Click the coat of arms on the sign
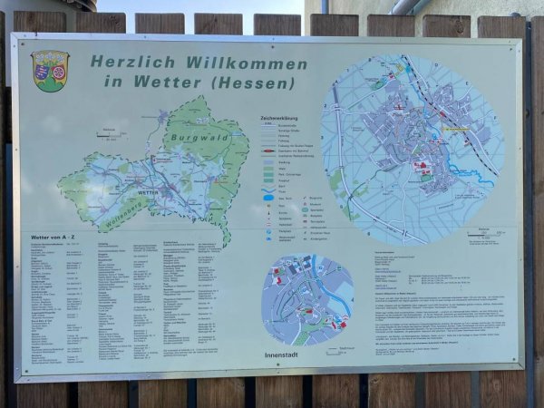click(50, 71)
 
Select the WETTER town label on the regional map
click(147, 192)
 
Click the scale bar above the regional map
click(110, 135)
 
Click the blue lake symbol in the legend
click(268, 196)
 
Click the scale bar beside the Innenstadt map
click(339, 347)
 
